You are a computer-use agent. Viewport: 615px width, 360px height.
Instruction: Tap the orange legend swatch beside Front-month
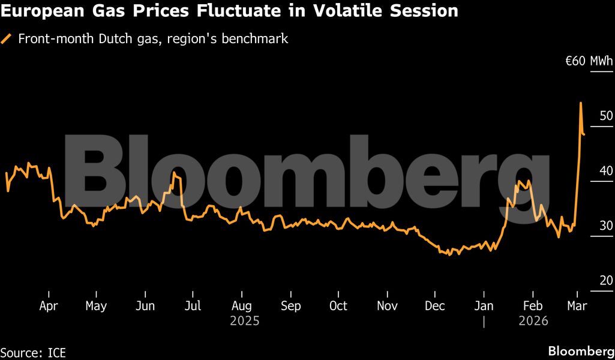tap(7, 39)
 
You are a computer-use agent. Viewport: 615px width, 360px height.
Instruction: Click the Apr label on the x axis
tap(48, 306)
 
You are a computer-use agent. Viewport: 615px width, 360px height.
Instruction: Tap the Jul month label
tap(193, 306)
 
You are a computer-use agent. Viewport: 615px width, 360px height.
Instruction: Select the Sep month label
tap(290, 306)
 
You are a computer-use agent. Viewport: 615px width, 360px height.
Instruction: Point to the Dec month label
tap(435, 306)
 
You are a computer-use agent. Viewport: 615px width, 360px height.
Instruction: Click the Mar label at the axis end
tap(577, 306)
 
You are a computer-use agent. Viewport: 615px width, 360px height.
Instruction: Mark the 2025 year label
tap(245, 322)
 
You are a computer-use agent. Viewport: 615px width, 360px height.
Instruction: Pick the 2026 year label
tap(533, 322)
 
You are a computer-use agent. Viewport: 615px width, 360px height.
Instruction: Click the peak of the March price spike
tap(580, 103)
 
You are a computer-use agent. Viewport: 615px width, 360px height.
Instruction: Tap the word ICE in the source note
tap(56, 352)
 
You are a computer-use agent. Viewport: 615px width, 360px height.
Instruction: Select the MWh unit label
tap(601, 61)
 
